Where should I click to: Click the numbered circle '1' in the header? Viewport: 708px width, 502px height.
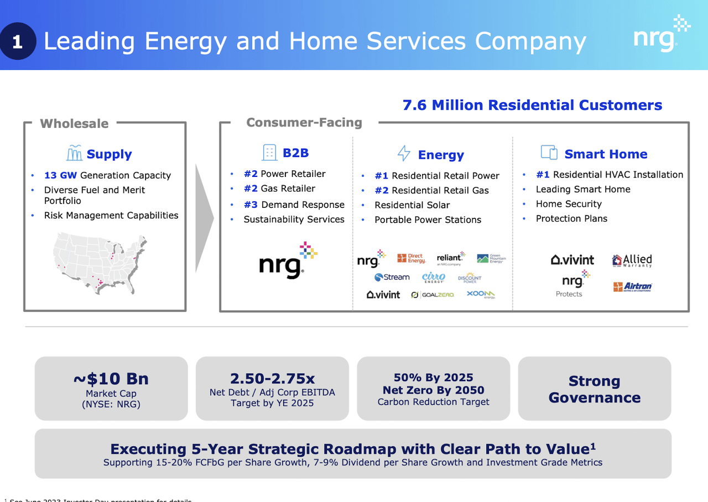pyautogui.click(x=18, y=42)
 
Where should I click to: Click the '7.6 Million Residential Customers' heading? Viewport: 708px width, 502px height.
pyautogui.click(x=532, y=105)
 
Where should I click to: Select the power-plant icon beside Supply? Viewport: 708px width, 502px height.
pyautogui.click(x=74, y=153)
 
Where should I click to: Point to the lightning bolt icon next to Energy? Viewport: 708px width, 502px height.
pyautogui.click(x=404, y=154)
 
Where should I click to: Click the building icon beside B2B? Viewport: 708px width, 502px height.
pyautogui.click(x=269, y=153)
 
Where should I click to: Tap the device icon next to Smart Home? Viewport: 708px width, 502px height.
pyautogui.click(x=549, y=153)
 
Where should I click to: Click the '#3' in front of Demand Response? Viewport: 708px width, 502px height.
pyautogui.click(x=251, y=205)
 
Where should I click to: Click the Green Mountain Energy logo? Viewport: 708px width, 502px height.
pyautogui.click(x=491, y=259)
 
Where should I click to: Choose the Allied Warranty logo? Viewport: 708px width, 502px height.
pyautogui.click(x=632, y=260)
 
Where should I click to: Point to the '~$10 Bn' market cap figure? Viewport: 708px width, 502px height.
pyautogui.click(x=111, y=379)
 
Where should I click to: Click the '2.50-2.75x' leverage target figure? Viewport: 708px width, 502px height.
pyautogui.click(x=272, y=379)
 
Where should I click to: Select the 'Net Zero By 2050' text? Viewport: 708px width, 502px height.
pyautogui.click(x=433, y=390)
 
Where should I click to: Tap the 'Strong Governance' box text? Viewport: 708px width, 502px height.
pyautogui.click(x=594, y=389)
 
